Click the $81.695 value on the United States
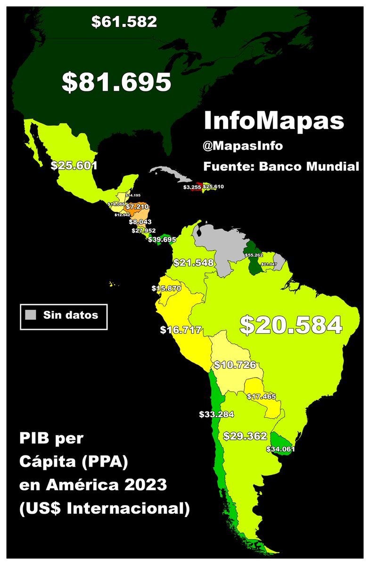pyautogui.click(x=116, y=82)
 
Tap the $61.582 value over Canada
pyautogui.click(x=124, y=22)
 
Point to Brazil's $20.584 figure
pyautogui.click(x=290, y=325)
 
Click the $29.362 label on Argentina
pyautogui.click(x=246, y=436)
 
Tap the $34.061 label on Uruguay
pyautogui.click(x=280, y=449)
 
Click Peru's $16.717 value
pyautogui.click(x=181, y=330)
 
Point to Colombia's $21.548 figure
pyautogui.click(x=194, y=263)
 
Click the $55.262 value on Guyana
pyautogui.click(x=254, y=255)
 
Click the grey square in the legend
pyautogui.click(x=31, y=315)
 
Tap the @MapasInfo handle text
pyautogui.click(x=243, y=146)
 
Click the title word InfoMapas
pyautogui.click(x=274, y=121)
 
